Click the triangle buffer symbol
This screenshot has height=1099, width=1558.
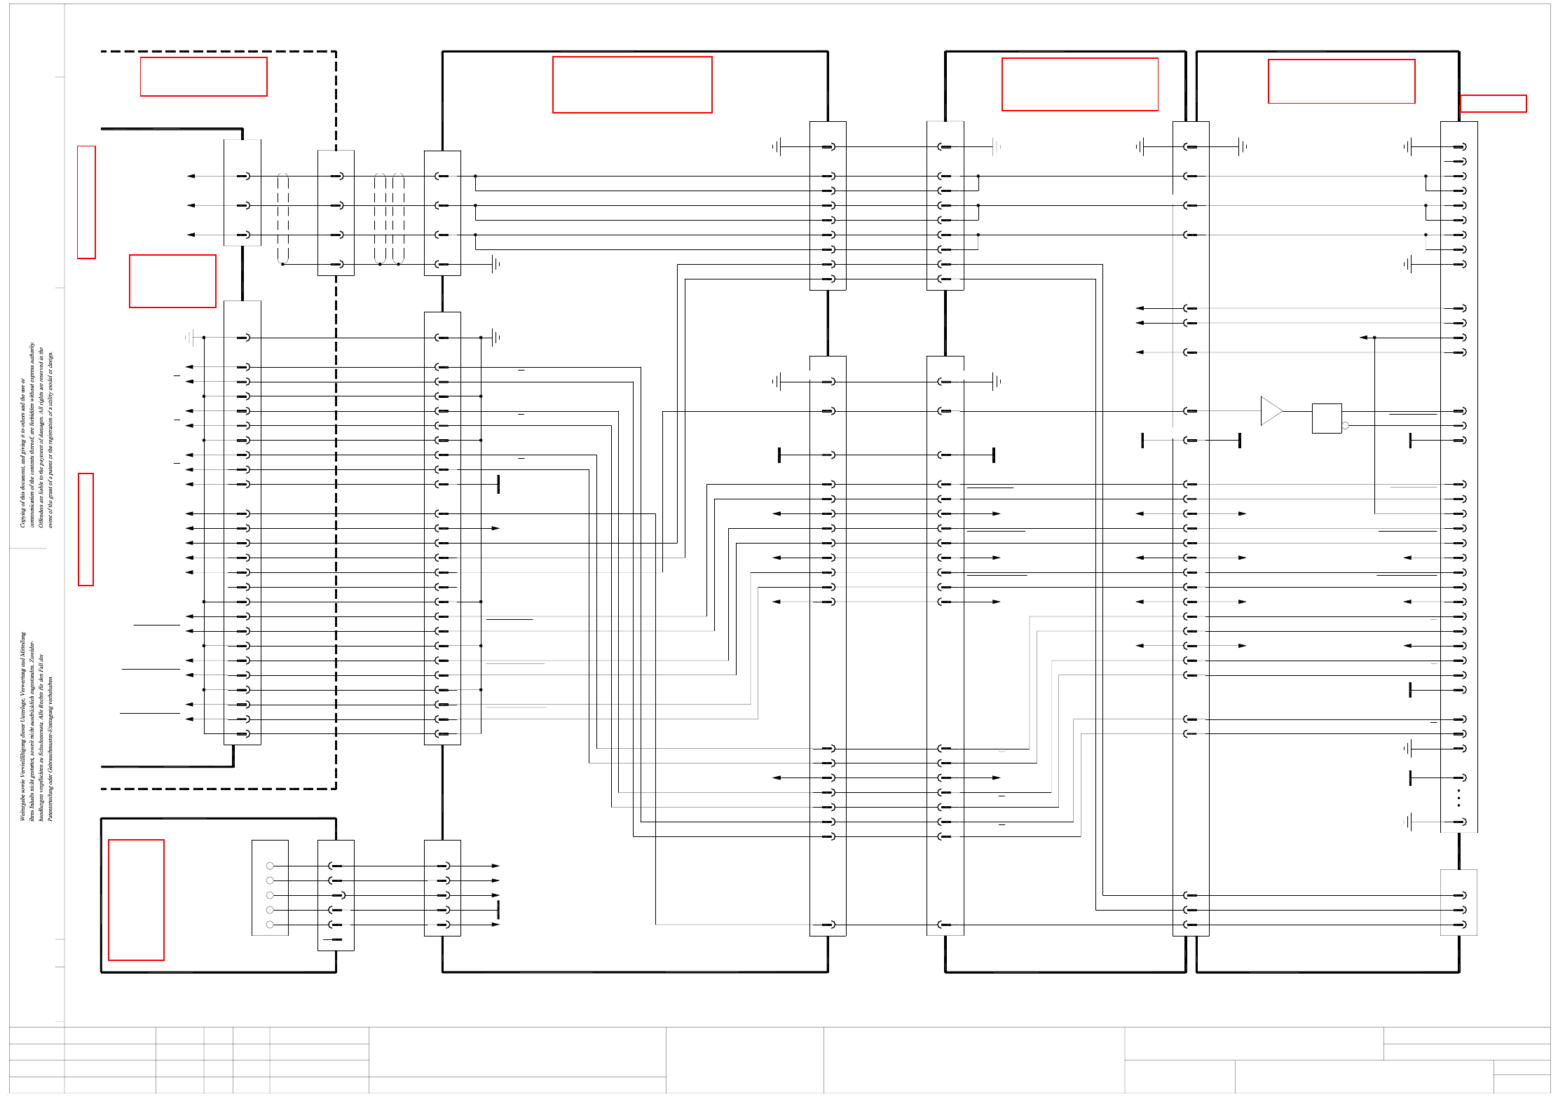pyautogui.click(x=1270, y=411)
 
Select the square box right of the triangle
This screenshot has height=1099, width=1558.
pyautogui.click(x=1326, y=418)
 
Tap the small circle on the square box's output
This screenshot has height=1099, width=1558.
pyautogui.click(x=1345, y=425)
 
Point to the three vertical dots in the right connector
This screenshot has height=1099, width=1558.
pyautogui.click(x=1458, y=798)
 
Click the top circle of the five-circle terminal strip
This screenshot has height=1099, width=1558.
pyautogui.click(x=270, y=866)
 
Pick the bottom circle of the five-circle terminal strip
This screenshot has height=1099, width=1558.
pyautogui.click(x=270, y=925)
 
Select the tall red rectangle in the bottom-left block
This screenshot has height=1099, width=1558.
pyautogui.click(x=136, y=899)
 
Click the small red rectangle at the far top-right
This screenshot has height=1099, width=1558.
pyautogui.click(x=1493, y=104)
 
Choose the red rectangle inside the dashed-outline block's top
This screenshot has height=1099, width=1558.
pyautogui.click(x=203, y=76)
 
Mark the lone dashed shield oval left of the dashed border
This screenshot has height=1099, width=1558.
pyautogui.click(x=283, y=219)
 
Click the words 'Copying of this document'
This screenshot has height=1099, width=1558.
pyautogui.click(x=23, y=490)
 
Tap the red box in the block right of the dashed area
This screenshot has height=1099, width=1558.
pyautogui.click(x=632, y=85)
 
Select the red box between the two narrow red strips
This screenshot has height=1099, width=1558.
pyautogui.click(x=172, y=281)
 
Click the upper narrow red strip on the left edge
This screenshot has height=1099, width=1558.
pyautogui.click(x=86, y=202)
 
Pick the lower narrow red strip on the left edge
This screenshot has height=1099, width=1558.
pyautogui.click(x=86, y=529)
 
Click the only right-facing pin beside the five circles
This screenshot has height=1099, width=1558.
pyautogui.click(x=339, y=895)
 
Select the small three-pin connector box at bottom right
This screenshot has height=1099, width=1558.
pyautogui.click(x=1458, y=902)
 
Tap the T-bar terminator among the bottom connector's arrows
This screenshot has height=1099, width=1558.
pyautogui.click(x=498, y=910)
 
